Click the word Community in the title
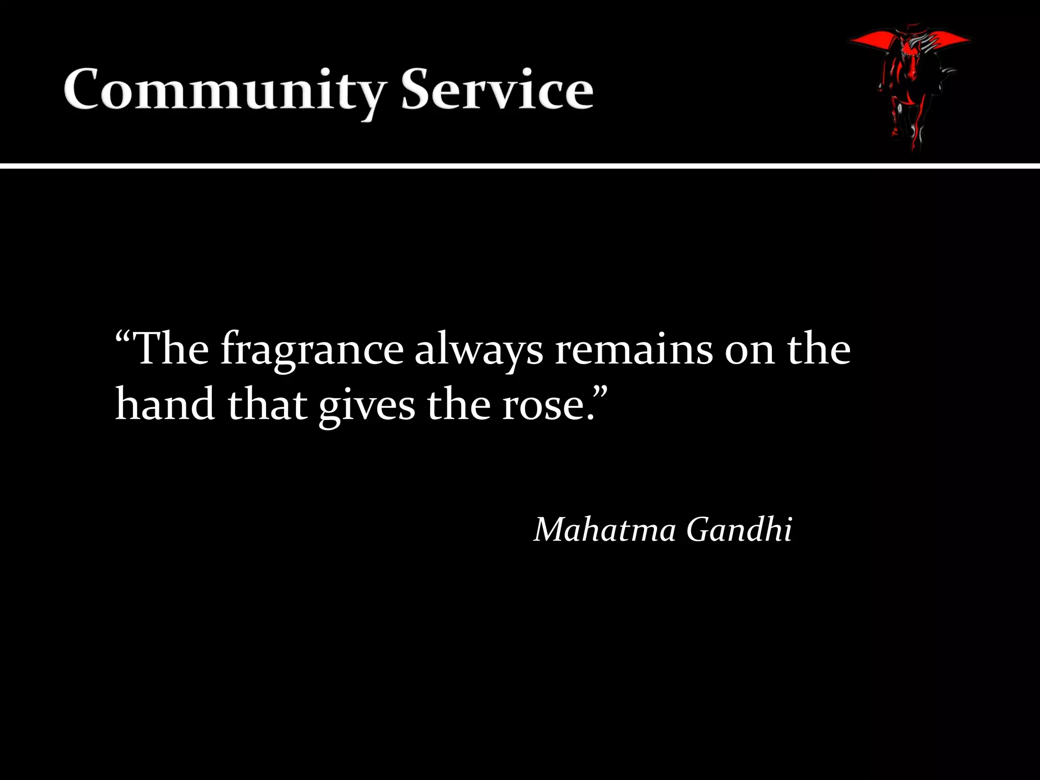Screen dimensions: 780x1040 pos(223,90)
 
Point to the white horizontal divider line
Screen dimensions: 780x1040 pos(520,166)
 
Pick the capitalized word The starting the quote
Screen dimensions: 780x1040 pos(173,349)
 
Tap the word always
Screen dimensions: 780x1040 pos(479,350)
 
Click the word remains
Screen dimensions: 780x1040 pos(634,350)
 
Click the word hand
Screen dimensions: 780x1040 pos(165,405)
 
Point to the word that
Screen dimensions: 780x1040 pos(267,405)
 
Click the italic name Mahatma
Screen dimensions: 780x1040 pos(605,530)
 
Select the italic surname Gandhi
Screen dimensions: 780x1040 pos(739,530)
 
